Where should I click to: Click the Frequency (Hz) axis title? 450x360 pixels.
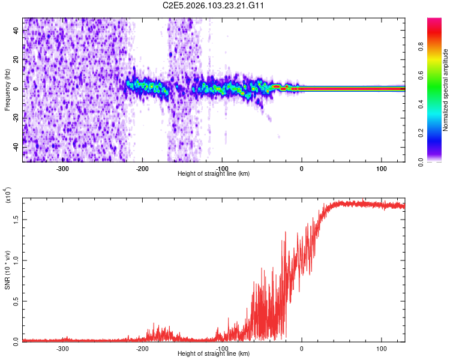7,90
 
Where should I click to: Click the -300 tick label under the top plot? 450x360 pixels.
62,168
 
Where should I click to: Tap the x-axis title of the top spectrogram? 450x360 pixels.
214,173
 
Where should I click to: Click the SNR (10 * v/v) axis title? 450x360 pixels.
7,268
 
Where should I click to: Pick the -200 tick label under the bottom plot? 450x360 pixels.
142,348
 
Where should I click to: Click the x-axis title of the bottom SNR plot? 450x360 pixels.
214,353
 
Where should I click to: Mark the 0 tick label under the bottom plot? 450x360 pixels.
302,348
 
